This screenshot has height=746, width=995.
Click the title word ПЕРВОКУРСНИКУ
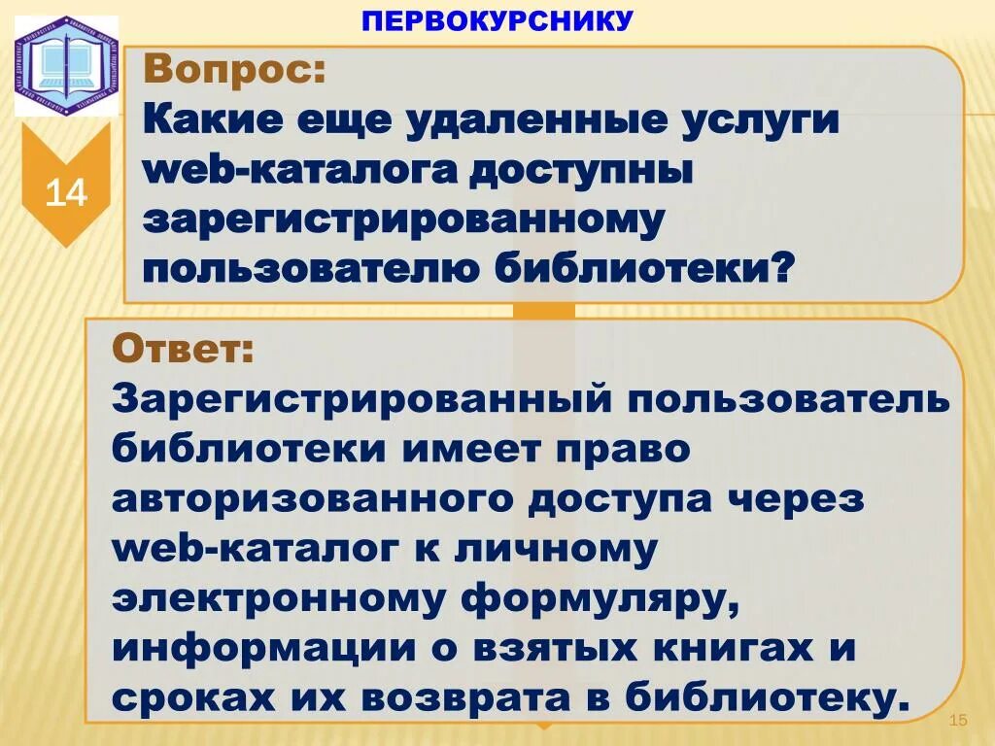(497, 19)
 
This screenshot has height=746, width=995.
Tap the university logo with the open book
(65, 65)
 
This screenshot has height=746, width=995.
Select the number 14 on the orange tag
(66, 193)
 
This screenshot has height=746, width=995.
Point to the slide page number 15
(958, 720)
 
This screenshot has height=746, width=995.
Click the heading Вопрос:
(235, 71)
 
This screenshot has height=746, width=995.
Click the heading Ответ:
(184, 347)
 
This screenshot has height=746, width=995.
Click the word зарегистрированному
(404, 220)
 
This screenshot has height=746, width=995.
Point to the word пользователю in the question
(312, 267)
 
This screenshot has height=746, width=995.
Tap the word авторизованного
(312, 500)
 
